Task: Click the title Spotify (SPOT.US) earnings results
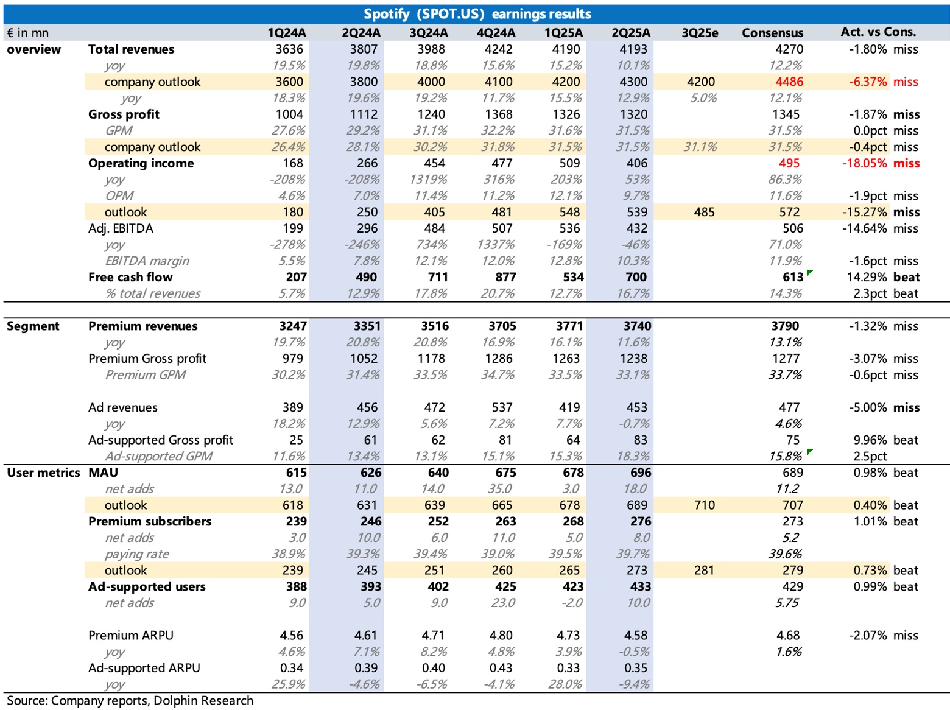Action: point(477,14)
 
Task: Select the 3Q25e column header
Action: point(700,33)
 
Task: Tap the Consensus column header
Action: point(772,33)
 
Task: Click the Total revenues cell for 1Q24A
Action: point(289,49)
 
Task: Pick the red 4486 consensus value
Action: point(789,82)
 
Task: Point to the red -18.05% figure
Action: point(864,163)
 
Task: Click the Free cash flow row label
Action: point(130,277)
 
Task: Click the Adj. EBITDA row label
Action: point(121,228)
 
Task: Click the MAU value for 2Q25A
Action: point(640,473)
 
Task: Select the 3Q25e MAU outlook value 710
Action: point(704,505)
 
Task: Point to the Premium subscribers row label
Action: point(150,521)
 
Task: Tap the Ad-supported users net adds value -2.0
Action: point(572,603)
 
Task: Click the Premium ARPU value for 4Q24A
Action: point(501,635)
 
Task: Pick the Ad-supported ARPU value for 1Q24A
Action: point(291,667)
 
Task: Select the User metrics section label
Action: point(43,473)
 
